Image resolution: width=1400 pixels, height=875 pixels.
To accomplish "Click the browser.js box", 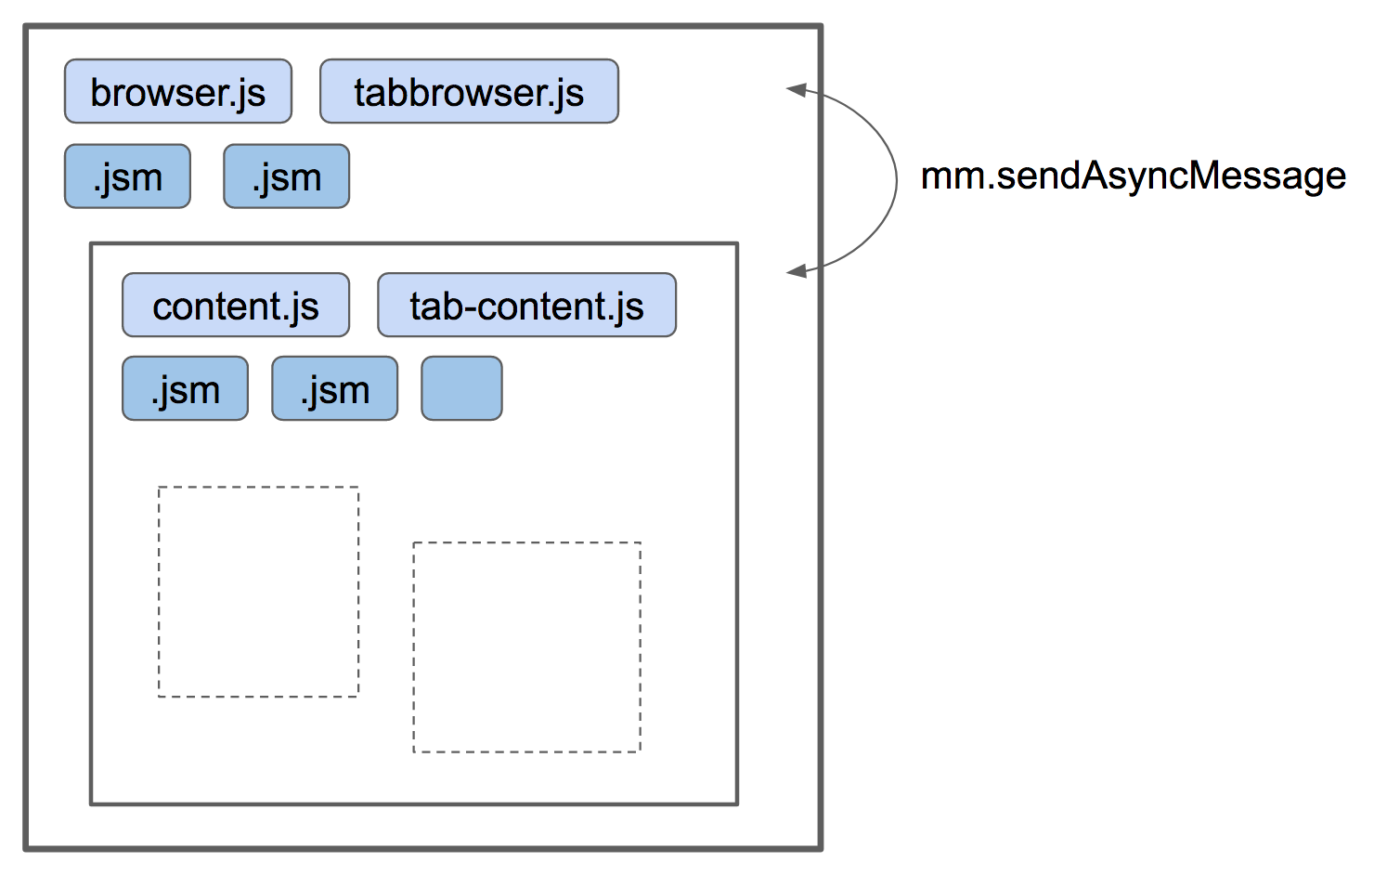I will click(177, 91).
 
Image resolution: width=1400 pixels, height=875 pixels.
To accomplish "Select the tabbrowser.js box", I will click(469, 91).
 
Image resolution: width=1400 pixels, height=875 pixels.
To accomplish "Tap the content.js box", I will click(236, 305).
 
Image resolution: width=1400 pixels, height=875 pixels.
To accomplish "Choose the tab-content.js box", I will click(526, 305).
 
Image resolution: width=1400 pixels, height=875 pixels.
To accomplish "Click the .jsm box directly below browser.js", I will click(127, 176).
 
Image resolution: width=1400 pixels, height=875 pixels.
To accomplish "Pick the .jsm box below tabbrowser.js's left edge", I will click(286, 176).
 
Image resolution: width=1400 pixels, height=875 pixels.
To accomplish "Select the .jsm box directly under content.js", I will click(185, 389).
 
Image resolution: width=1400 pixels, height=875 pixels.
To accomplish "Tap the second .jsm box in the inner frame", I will click(334, 389).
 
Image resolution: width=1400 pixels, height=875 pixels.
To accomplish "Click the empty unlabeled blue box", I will click(461, 389).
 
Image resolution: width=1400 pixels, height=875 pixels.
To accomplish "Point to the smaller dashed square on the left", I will click(258, 592).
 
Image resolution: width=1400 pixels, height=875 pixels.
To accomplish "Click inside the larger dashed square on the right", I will click(526, 647).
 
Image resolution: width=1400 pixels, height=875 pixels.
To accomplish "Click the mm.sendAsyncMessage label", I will click(1133, 176).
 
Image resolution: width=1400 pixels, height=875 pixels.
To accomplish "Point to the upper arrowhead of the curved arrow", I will click(796, 89).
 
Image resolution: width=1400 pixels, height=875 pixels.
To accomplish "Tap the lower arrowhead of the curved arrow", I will click(796, 271).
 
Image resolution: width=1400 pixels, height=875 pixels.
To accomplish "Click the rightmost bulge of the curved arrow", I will click(896, 179).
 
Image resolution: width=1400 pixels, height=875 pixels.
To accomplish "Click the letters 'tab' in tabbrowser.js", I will click(382, 92).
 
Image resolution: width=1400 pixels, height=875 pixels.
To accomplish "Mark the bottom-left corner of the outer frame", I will click(26, 847).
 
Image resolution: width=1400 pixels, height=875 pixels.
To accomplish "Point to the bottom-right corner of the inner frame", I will click(736, 803).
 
